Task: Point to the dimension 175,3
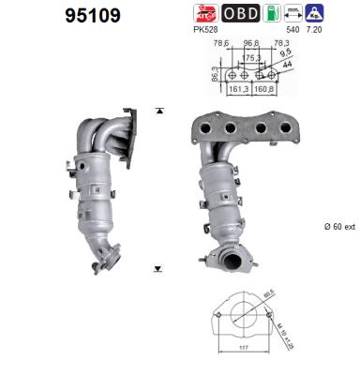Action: pos(251,57)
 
